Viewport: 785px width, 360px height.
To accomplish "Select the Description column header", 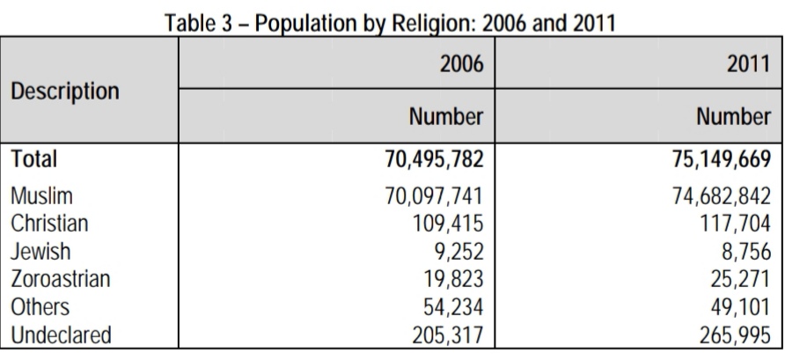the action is point(65,92).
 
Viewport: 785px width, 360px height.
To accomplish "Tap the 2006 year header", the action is point(462,63).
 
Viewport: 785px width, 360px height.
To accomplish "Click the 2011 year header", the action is point(748,63).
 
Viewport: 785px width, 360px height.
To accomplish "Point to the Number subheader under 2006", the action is point(446,117).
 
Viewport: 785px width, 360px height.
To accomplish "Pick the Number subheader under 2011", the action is point(733,117).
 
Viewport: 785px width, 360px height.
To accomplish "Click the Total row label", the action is point(34,159).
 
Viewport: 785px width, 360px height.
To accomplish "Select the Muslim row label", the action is point(41,195).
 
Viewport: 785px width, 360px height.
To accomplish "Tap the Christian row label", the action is point(49,224).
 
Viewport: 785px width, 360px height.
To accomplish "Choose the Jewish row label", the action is point(40,251).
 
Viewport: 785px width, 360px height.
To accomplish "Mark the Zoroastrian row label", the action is point(61,279).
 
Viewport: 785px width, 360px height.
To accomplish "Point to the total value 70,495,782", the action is point(434,159).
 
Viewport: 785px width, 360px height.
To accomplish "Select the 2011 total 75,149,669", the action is point(721,159).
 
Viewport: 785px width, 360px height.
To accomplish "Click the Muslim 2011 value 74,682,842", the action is point(722,195).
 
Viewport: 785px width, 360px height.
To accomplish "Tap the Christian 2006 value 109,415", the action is point(448,224).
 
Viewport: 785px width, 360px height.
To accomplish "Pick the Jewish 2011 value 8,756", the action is point(746,252).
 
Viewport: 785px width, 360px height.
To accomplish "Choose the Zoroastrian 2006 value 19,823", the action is point(453,279).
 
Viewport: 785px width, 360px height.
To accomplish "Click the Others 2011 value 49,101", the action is point(740,307).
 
